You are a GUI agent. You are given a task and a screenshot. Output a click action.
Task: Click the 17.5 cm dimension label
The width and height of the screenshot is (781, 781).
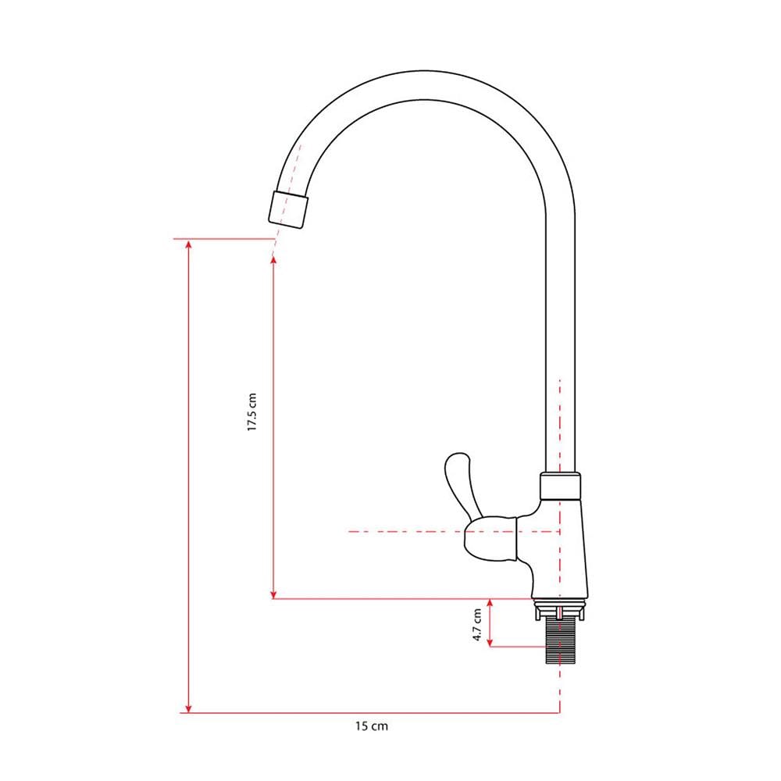(252, 412)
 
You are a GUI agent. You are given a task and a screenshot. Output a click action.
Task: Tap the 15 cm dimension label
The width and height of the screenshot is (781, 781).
(372, 726)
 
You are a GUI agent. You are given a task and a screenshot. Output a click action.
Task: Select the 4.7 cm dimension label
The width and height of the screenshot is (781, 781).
(477, 625)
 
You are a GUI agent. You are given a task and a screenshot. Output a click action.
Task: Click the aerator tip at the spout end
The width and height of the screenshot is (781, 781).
(288, 209)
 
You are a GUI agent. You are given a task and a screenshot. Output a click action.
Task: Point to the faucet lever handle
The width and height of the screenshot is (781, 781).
(462, 483)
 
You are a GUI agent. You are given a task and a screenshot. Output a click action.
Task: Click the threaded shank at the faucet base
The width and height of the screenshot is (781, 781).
(560, 641)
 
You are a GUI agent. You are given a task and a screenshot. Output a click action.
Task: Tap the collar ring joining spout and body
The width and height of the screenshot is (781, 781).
(560, 487)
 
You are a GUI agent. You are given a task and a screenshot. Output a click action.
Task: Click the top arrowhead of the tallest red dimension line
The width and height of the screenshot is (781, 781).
(188, 244)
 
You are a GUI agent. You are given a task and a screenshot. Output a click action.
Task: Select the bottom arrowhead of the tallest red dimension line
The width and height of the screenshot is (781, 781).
(188, 708)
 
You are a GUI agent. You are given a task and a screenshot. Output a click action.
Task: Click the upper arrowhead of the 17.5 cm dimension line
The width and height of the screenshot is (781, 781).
(273, 261)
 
